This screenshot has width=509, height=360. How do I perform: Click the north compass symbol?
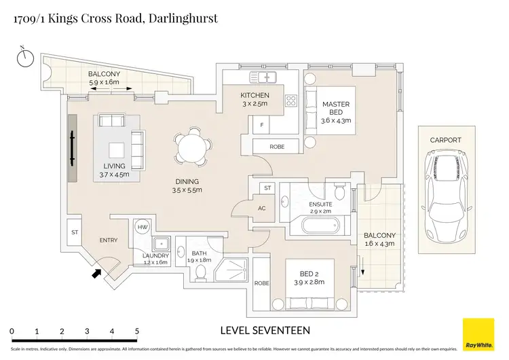(x=25, y=57)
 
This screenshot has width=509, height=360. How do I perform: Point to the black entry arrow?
(x=96, y=274)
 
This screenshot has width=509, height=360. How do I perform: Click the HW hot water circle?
(x=143, y=228)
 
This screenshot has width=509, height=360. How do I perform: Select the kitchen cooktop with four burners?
(x=292, y=101)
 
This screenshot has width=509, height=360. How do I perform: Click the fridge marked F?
(x=261, y=126)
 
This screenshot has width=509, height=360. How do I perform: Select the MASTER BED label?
(x=336, y=109)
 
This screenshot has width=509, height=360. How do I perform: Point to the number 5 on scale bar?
(x=137, y=331)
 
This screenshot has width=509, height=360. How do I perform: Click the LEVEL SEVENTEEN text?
(x=265, y=331)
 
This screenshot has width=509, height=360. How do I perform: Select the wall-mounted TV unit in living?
(x=72, y=148)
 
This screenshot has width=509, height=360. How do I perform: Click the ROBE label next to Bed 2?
(x=261, y=283)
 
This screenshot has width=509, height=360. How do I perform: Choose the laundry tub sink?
(x=160, y=244)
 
